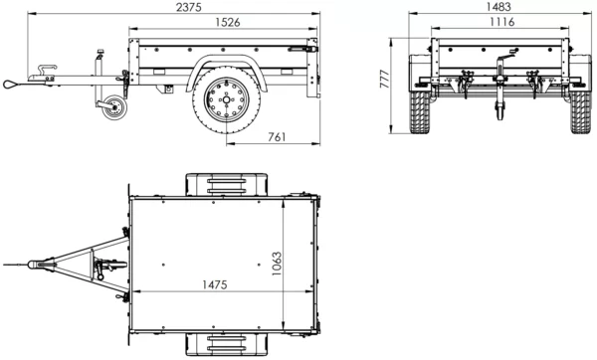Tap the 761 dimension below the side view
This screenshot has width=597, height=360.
(x=278, y=136)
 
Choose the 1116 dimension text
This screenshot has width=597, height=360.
(x=495, y=23)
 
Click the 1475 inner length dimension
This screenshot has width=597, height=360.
(x=213, y=284)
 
